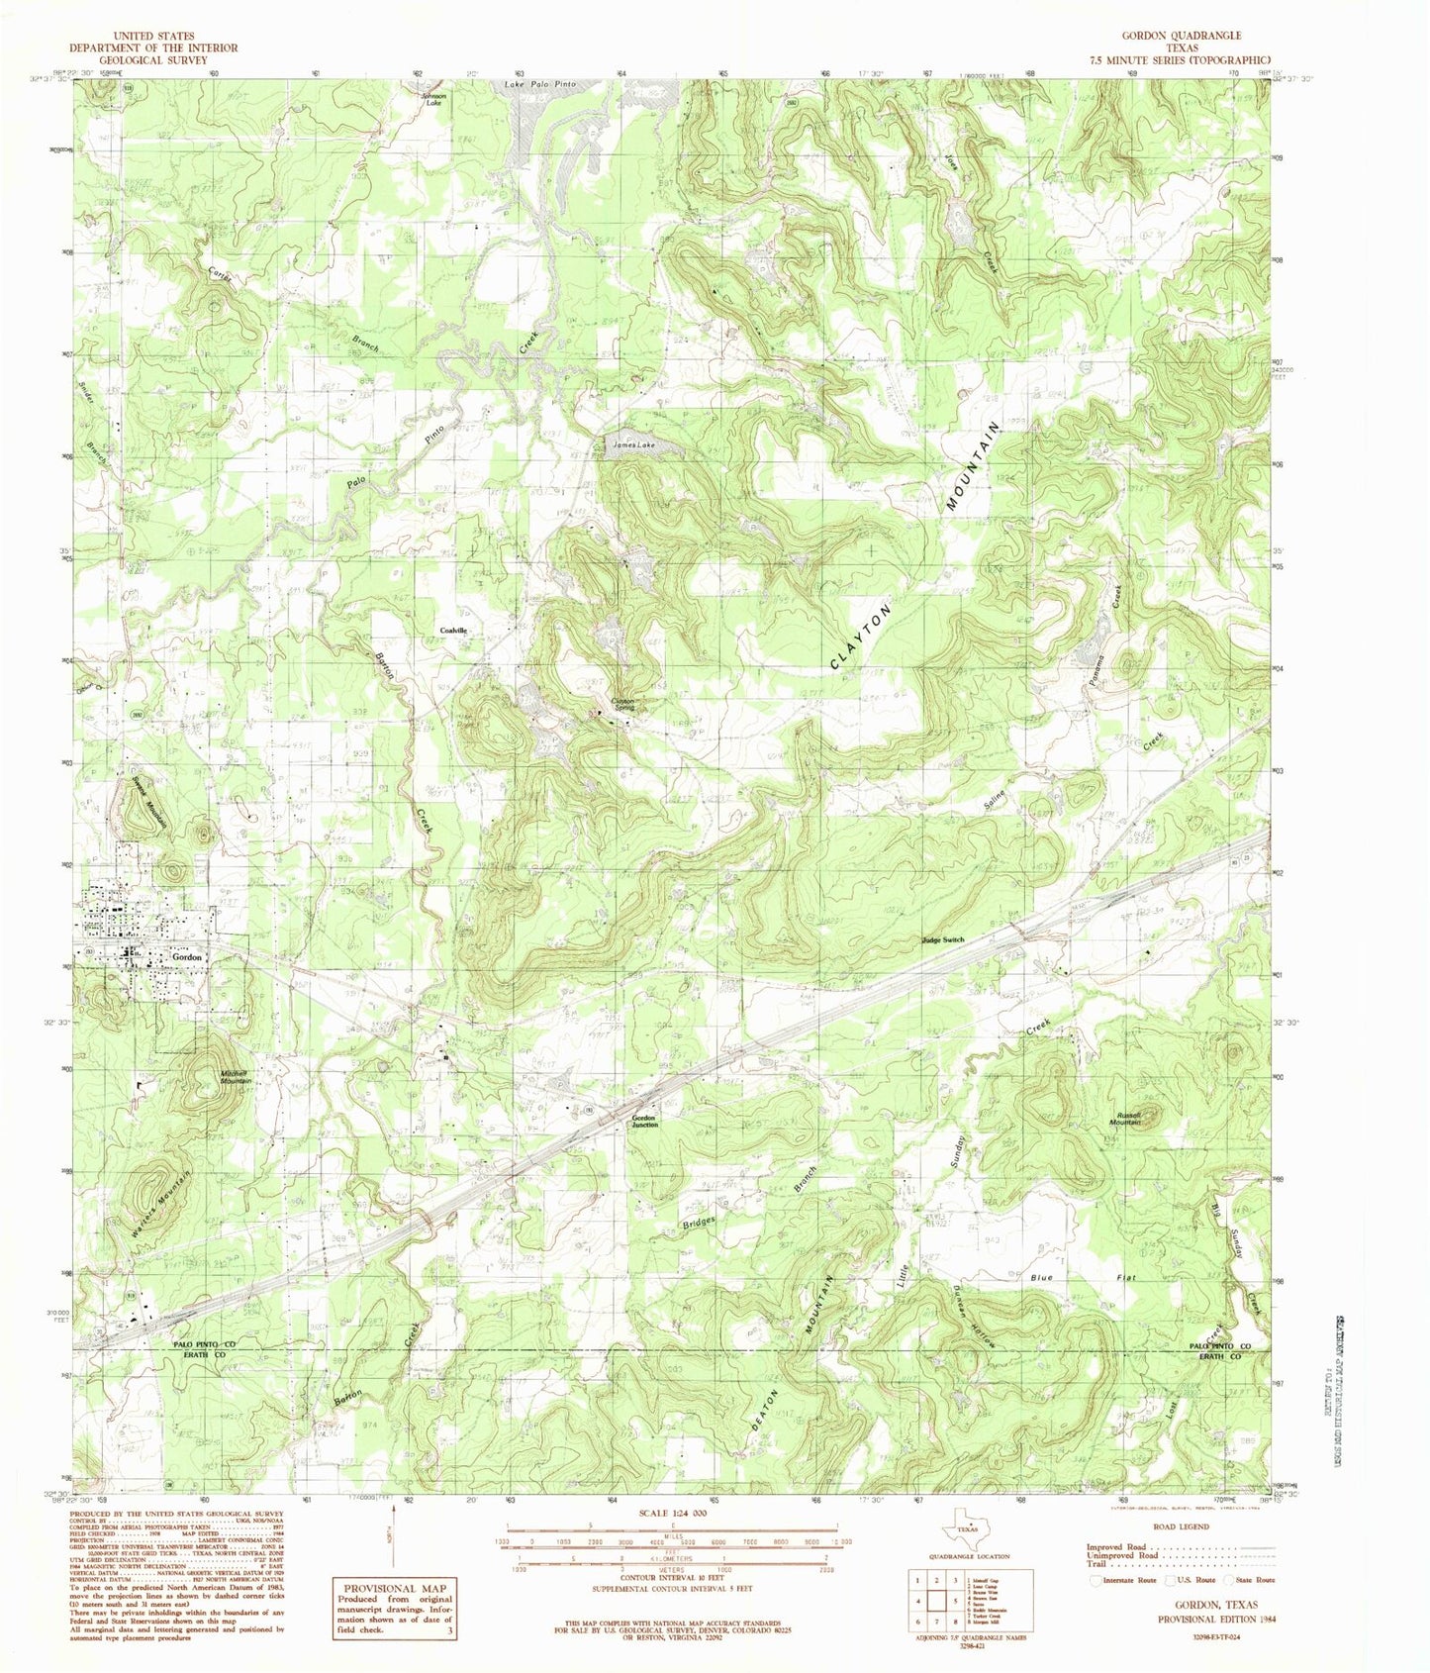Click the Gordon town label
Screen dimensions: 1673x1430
click(x=187, y=957)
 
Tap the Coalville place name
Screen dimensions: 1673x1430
click(x=454, y=631)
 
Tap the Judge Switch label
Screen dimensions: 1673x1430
click(x=941, y=940)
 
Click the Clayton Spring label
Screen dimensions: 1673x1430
click(x=622, y=704)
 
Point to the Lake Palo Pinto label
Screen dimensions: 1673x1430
click(x=539, y=86)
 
